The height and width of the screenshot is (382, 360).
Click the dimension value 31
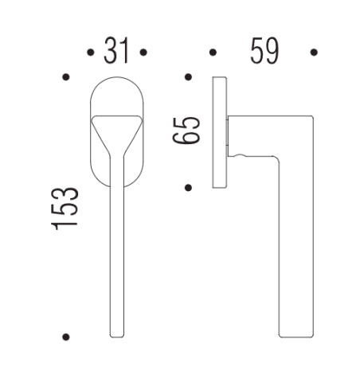point(116,53)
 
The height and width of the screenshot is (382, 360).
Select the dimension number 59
point(264,53)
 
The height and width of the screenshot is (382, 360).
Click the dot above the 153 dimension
point(65,77)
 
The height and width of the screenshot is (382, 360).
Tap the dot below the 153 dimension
point(65,337)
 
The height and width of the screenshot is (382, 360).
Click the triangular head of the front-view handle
point(116,127)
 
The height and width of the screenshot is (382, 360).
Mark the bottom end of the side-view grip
point(296,333)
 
